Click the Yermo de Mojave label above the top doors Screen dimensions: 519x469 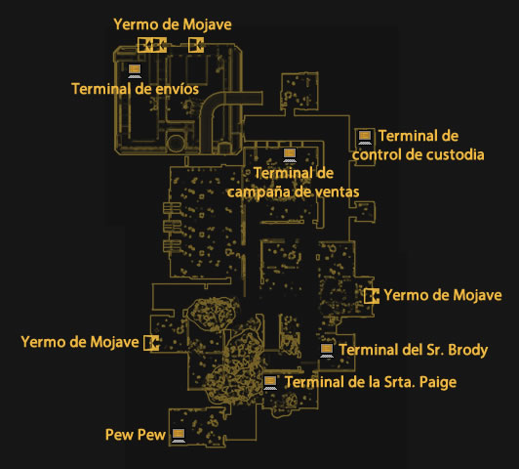click(x=173, y=24)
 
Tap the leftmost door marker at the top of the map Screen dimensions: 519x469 click(x=145, y=45)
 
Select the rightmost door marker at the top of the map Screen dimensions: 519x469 click(x=196, y=45)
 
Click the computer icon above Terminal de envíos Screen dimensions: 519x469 click(x=135, y=71)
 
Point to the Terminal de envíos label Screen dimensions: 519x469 click(x=135, y=89)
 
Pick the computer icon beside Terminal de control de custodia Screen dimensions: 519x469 click(x=365, y=137)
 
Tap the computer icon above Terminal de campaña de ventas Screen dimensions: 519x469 click(x=290, y=155)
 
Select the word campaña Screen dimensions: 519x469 click(x=257, y=192)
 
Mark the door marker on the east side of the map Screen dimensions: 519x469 click(x=372, y=296)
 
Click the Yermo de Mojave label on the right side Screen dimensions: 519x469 click(x=443, y=295)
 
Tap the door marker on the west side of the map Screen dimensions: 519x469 click(x=151, y=343)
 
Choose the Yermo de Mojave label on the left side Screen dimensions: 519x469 click(x=80, y=342)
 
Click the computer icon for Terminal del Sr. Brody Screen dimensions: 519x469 click(x=327, y=351)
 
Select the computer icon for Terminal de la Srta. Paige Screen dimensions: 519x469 click(x=270, y=383)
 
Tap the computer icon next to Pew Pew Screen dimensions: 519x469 click(x=179, y=436)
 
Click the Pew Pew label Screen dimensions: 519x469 click(x=136, y=435)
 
